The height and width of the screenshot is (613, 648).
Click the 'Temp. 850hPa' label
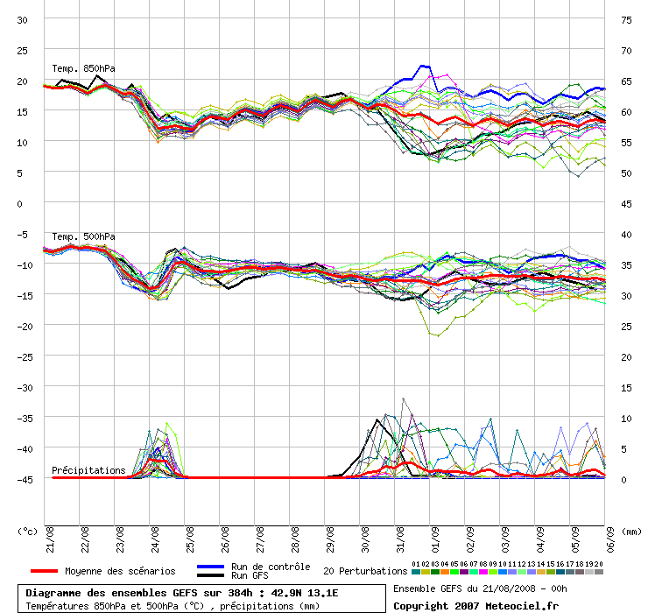83,68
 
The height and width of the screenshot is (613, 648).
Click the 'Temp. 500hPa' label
83,236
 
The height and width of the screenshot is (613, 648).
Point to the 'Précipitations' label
88,470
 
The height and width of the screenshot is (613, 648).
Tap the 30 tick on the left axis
23,19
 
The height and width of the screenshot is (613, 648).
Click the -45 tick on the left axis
23,479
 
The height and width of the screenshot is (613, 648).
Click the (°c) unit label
28,531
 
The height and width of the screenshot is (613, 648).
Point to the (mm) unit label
632,531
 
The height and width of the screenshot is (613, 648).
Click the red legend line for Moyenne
38,571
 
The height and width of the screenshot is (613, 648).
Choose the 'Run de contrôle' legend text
271,567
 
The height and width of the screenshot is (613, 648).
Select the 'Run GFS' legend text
250,575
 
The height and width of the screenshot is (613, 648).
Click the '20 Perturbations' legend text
365,571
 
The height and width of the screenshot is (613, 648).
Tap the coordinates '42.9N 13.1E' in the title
298,593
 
